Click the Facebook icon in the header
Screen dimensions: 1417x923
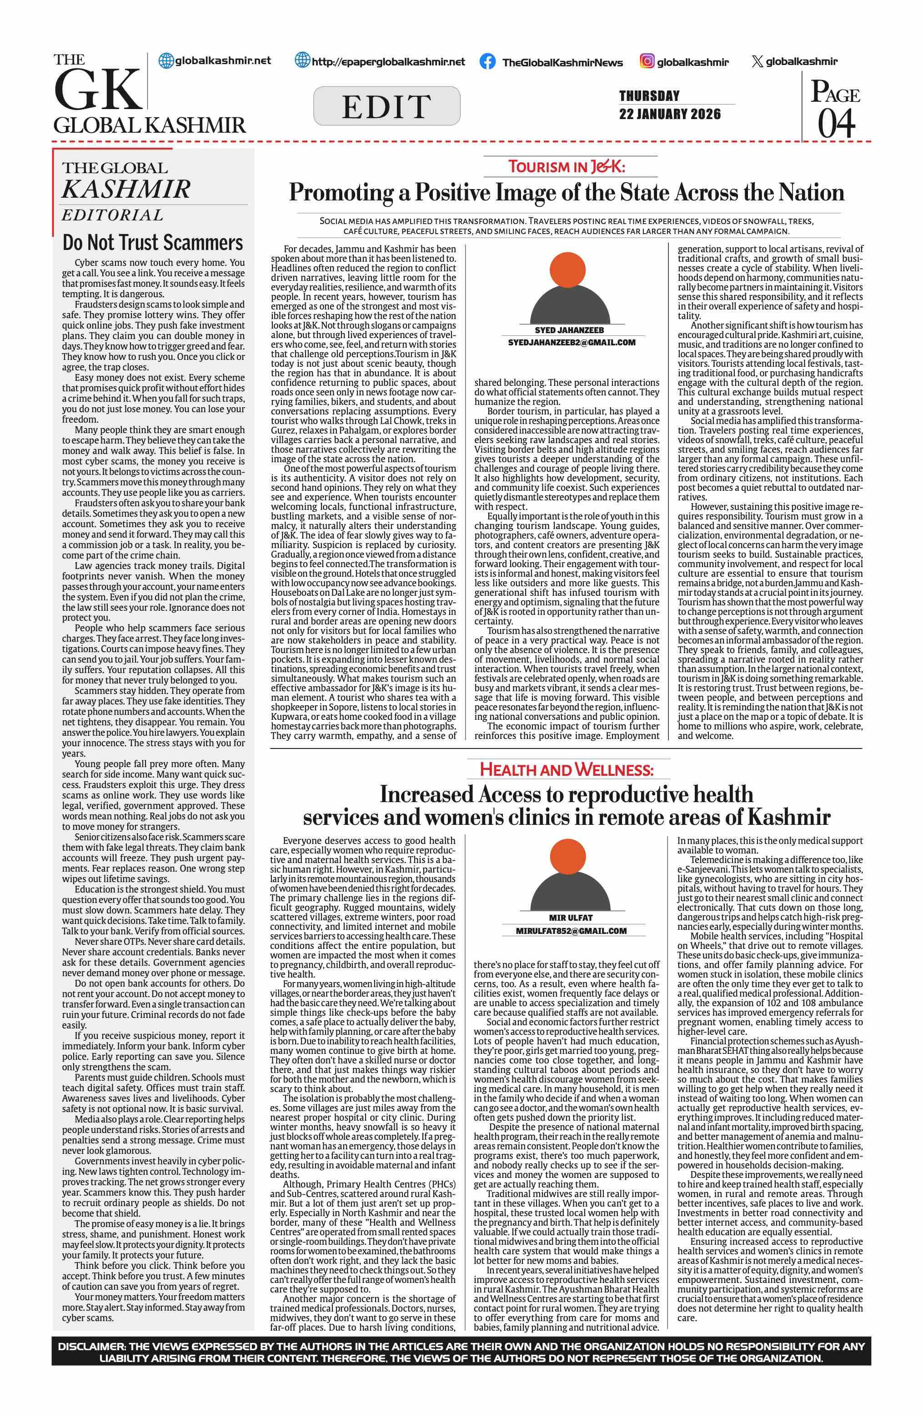487,62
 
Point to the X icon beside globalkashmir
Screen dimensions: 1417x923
757,61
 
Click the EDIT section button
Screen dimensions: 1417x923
386,106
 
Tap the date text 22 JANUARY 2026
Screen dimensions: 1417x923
669,114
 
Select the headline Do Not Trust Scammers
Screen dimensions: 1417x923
153,243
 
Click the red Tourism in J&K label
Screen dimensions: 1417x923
567,167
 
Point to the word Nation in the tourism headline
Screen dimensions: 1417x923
812,193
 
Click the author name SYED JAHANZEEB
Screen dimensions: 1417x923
569,330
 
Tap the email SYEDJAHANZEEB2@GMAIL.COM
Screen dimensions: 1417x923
571,342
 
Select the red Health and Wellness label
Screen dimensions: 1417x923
567,770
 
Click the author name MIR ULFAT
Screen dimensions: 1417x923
571,918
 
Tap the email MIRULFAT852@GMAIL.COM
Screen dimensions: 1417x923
571,931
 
